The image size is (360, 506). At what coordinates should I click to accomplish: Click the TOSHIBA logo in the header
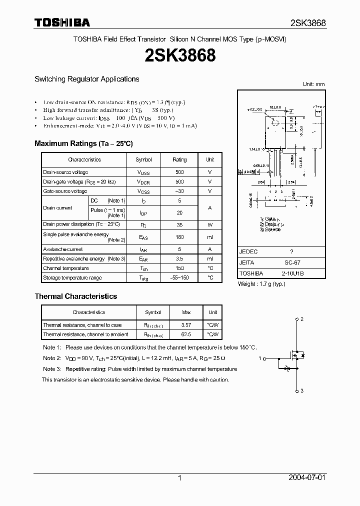click(x=62, y=22)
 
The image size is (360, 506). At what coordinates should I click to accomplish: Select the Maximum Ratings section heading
click(x=83, y=143)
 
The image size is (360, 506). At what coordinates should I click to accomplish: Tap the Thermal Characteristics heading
click(x=75, y=296)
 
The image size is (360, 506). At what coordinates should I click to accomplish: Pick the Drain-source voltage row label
click(x=65, y=172)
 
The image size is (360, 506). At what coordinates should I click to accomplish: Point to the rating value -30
click(x=179, y=191)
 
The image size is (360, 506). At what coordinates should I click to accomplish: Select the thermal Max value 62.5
click(x=186, y=334)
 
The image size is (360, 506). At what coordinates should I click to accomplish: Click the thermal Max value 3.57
click(x=186, y=325)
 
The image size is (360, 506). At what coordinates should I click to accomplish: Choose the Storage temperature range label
click(x=72, y=277)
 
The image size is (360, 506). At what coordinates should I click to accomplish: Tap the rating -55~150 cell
click(x=179, y=277)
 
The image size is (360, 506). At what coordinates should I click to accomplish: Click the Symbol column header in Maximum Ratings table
click(x=144, y=159)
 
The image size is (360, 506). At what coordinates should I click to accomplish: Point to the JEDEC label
click(x=248, y=252)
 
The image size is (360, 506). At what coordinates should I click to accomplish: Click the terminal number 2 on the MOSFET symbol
click(x=302, y=319)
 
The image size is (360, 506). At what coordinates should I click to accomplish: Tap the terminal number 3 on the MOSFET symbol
click(x=302, y=390)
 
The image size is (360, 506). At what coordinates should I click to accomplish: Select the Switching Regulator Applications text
click(x=86, y=79)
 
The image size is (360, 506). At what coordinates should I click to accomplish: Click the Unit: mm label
click(x=313, y=84)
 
